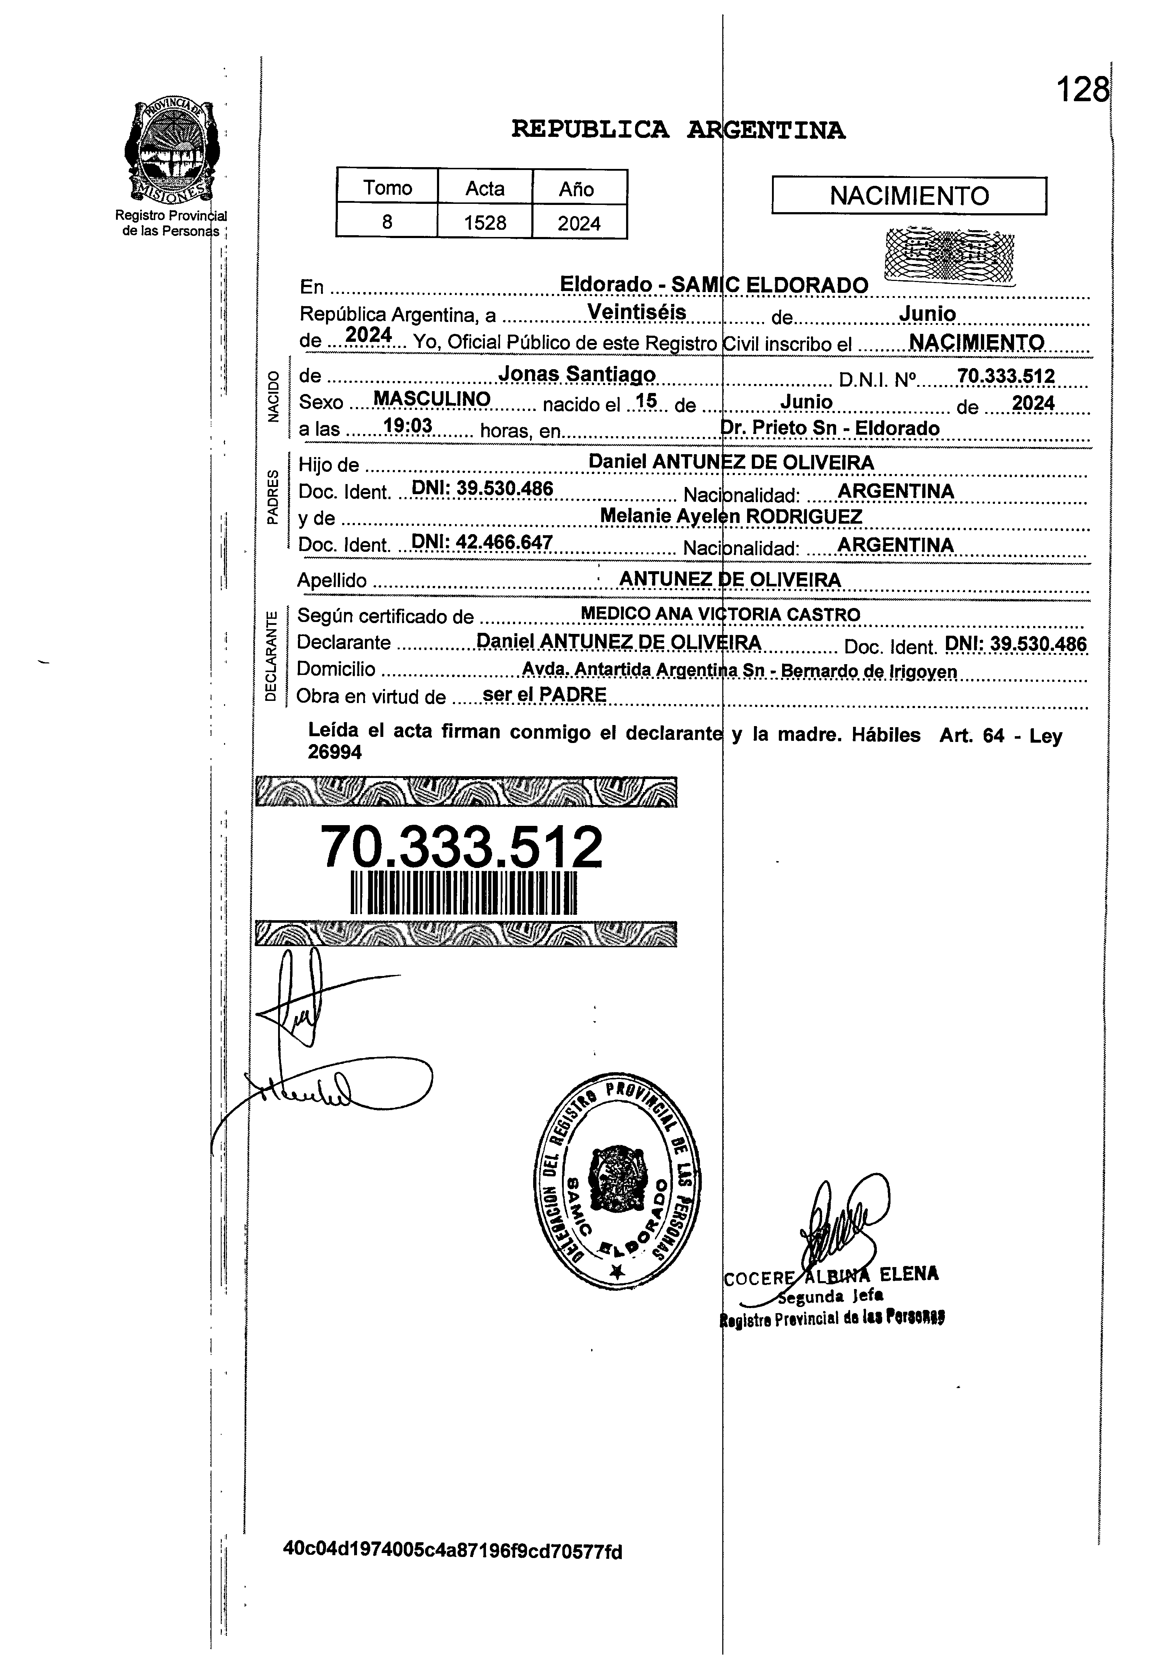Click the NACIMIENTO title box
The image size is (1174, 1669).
pyautogui.click(x=909, y=196)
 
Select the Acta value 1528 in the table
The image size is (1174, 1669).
pyautogui.click(x=485, y=223)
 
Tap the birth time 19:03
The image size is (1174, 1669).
pyautogui.click(x=408, y=425)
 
